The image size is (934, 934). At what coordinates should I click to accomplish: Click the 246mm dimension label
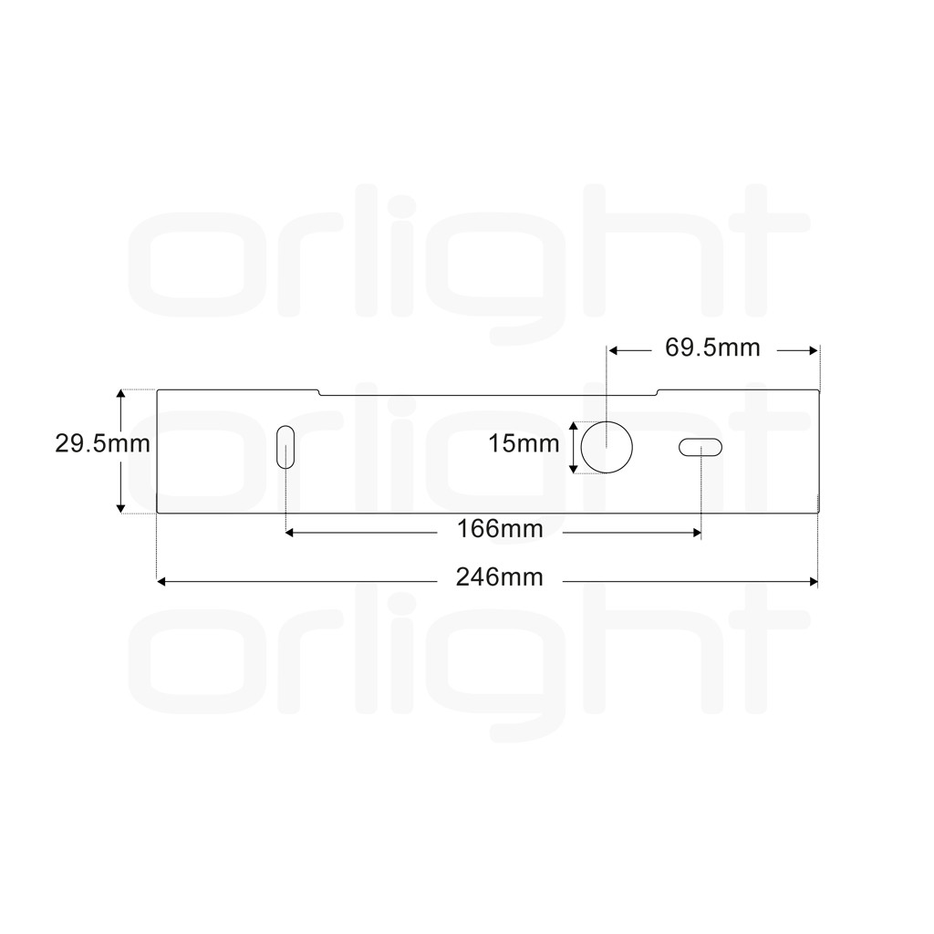(499, 577)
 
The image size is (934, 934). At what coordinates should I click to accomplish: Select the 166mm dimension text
(500, 529)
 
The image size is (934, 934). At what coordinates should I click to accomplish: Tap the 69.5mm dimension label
(712, 348)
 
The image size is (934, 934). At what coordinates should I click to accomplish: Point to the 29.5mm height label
(102, 444)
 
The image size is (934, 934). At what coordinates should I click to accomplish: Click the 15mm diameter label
(524, 444)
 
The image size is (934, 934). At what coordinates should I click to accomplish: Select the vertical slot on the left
(285, 447)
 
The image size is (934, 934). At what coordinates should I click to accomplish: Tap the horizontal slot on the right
(700, 447)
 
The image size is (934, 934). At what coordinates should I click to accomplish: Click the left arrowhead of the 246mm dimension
(161, 581)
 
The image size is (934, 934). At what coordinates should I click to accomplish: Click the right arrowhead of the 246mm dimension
(815, 581)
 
